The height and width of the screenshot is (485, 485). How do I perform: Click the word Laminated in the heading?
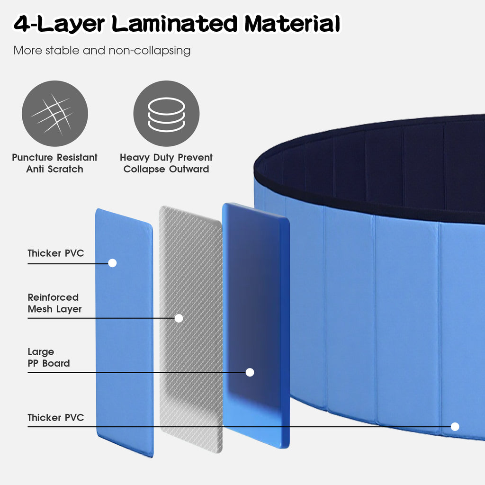click(174, 24)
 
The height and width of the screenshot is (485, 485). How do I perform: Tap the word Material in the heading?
click(292, 24)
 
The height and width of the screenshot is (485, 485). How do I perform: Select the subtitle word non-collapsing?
click(149, 50)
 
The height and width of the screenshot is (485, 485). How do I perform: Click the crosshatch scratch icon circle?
click(55, 114)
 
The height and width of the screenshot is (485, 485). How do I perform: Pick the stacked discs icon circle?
click(166, 114)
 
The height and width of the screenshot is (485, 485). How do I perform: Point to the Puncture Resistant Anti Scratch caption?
click(55, 163)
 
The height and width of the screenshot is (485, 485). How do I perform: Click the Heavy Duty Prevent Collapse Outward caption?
click(166, 163)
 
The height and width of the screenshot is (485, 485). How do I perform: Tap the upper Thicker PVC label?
click(56, 253)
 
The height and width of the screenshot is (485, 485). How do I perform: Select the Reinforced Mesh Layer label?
click(55, 303)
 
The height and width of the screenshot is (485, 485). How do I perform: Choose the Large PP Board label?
click(49, 358)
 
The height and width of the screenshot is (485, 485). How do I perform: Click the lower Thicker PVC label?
click(56, 418)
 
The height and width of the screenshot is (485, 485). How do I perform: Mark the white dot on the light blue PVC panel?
click(112, 263)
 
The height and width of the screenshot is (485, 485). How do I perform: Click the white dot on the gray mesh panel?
click(179, 318)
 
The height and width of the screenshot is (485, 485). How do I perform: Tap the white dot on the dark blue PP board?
click(250, 372)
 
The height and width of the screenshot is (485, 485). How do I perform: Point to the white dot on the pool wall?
click(455, 427)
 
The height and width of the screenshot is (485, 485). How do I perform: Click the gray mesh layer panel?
click(191, 330)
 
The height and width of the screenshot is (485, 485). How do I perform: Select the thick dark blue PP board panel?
click(256, 325)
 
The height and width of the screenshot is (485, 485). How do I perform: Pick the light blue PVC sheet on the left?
click(125, 332)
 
